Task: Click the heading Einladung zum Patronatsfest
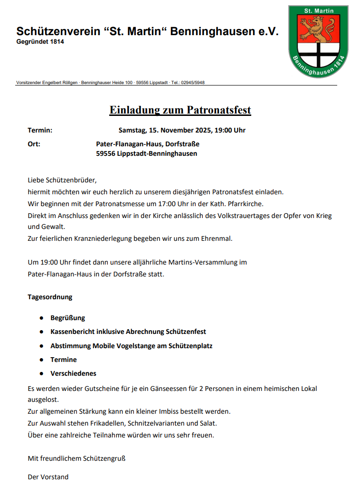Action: pyautogui.click(x=180, y=110)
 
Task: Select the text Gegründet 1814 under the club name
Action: pyautogui.click(x=40, y=42)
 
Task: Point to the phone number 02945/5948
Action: pyautogui.click(x=193, y=83)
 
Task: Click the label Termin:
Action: pyautogui.click(x=40, y=130)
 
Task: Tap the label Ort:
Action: pyautogui.click(x=34, y=144)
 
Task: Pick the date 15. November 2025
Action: pyautogui.click(x=180, y=130)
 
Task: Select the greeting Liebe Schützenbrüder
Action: pyautogui.click(x=62, y=180)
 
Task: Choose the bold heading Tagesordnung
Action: pyautogui.click(x=50, y=297)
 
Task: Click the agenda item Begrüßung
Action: pyautogui.click(x=67, y=318)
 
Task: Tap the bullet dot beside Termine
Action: pyautogui.click(x=41, y=360)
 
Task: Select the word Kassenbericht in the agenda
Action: pyautogui.click(x=73, y=332)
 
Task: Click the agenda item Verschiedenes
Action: pyautogui.click(x=73, y=373)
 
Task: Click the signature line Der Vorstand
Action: pyautogui.click(x=48, y=476)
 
